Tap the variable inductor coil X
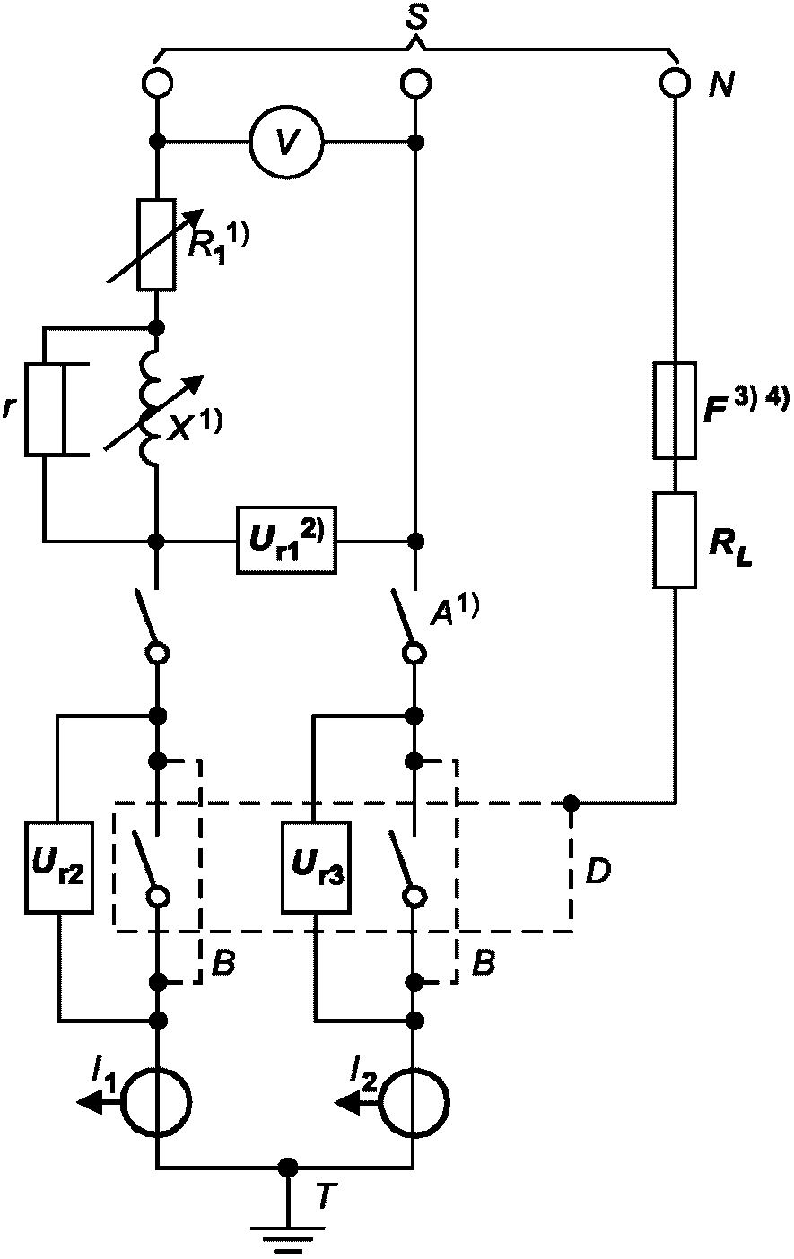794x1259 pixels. tap(150, 409)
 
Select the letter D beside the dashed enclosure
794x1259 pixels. tap(598, 873)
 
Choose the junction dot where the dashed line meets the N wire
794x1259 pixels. tap(572, 803)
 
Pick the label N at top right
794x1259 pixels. tap(721, 85)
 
